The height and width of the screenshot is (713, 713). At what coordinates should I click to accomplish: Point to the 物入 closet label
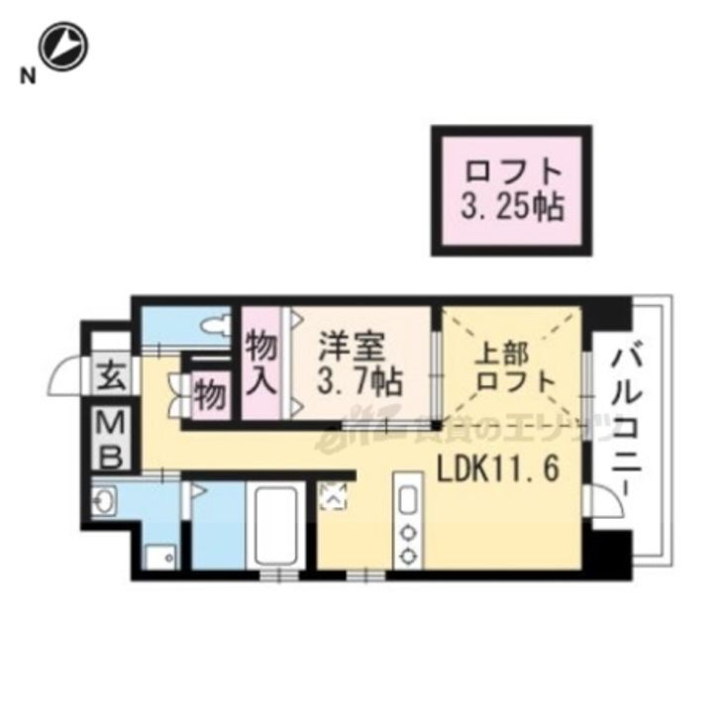pyautogui.click(x=262, y=361)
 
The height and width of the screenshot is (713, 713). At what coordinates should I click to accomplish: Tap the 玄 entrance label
pyautogui.click(x=109, y=376)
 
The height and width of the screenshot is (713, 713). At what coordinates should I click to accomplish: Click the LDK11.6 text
pyautogui.click(x=496, y=467)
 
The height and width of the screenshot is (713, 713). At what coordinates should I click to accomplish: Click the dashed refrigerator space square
pyautogui.click(x=334, y=494)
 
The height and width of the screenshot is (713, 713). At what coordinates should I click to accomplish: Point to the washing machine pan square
pyautogui.click(x=159, y=558)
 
